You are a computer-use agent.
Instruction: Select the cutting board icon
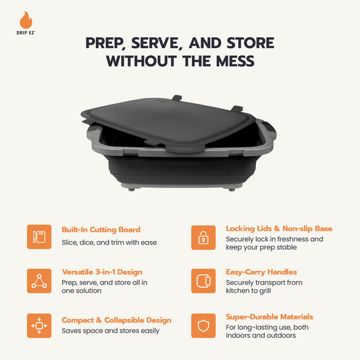click(x=39, y=237)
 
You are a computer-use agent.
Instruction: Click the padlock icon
click(x=203, y=237)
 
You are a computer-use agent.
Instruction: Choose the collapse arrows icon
click(x=39, y=326)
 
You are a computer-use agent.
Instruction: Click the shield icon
click(x=203, y=326)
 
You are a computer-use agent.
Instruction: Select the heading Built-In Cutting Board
click(x=101, y=230)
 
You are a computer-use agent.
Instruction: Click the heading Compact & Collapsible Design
click(x=116, y=319)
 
